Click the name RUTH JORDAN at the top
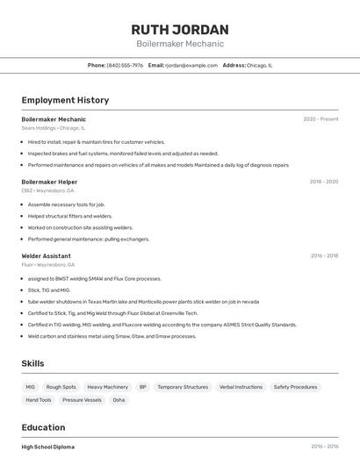click(179, 29)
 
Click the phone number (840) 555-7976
click(125, 65)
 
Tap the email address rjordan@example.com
click(191, 65)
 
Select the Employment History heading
click(64, 100)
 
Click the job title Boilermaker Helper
click(49, 182)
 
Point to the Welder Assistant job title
click(46, 256)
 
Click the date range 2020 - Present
click(320, 118)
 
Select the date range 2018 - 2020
click(323, 182)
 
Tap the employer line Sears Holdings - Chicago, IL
click(53, 128)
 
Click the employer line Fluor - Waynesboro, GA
click(47, 265)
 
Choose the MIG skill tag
click(30, 387)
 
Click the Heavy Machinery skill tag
click(107, 387)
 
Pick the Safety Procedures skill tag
click(295, 387)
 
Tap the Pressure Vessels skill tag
click(82, 400)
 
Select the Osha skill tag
click(119, 400)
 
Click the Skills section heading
click(32, 363)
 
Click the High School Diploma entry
click(47, 447)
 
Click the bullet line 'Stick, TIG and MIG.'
click(49, 290)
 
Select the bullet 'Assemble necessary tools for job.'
click(66, 204)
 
